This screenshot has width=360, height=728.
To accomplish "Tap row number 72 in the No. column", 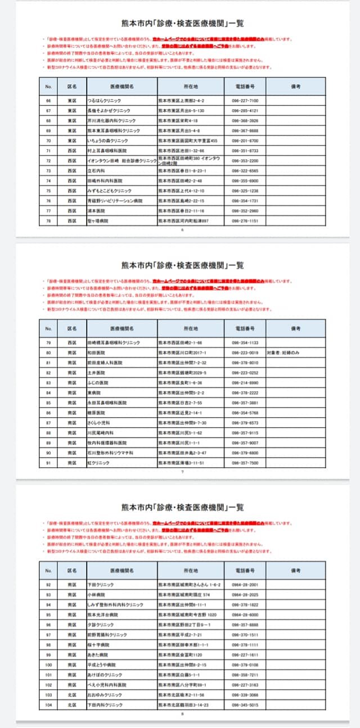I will coord(48,160).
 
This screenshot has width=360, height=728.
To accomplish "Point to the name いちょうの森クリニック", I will coord(108,140).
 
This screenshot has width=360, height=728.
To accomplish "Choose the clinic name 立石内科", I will coord(96,170).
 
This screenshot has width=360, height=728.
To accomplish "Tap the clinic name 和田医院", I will coord(97,352).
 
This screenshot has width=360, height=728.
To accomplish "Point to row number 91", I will coord(48,463).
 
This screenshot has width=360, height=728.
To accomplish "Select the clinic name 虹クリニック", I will coord(99,463).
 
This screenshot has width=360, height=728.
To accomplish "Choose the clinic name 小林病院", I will coord(97,594).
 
